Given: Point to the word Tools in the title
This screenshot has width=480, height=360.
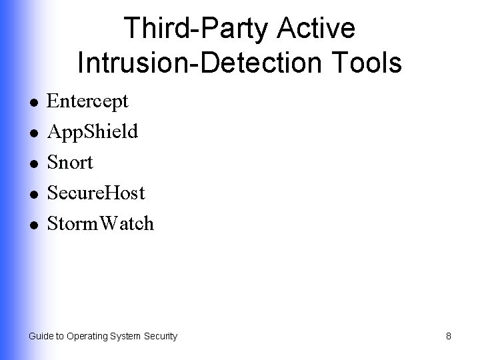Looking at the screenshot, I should [369, 63].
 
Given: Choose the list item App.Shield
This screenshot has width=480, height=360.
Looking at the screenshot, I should [93, 132].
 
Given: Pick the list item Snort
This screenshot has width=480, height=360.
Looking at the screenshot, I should [71, 162].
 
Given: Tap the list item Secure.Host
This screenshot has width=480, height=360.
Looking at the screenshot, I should [96, 193].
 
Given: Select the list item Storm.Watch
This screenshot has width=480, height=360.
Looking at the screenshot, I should [101, 223].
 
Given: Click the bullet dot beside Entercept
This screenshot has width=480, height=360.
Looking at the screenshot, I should [32, 103].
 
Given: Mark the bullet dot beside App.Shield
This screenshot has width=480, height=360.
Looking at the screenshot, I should [32, 133].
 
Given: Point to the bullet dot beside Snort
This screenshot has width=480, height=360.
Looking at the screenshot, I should [32, 164].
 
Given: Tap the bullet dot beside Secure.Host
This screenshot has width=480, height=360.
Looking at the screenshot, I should [32, 194].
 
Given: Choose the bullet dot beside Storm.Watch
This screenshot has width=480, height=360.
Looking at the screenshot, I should [32, 225].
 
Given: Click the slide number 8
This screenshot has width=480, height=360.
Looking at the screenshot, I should [449, 337].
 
